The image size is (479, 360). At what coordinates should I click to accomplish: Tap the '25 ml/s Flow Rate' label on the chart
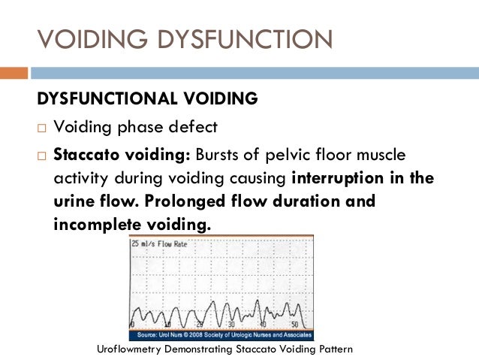160,244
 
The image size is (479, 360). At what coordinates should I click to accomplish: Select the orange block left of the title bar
14,73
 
